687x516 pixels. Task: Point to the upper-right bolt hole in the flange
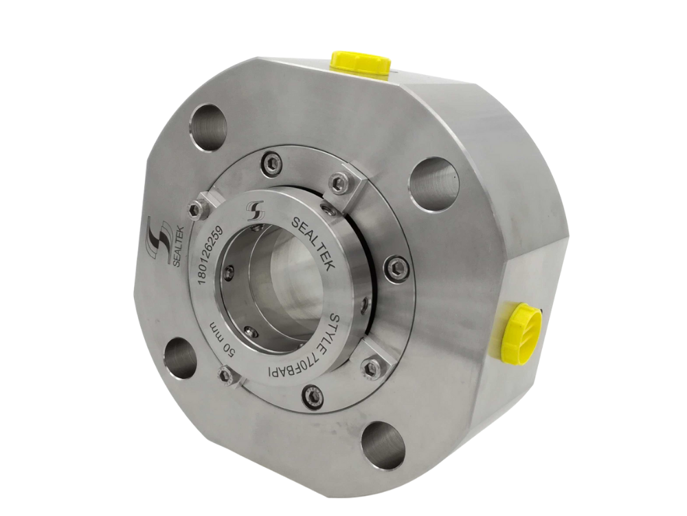point(433,180)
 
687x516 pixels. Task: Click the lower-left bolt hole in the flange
point(181,357)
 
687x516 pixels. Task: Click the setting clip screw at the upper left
point(196,208)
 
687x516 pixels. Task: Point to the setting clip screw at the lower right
point(372,369)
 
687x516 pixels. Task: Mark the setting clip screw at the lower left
point(224,374)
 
